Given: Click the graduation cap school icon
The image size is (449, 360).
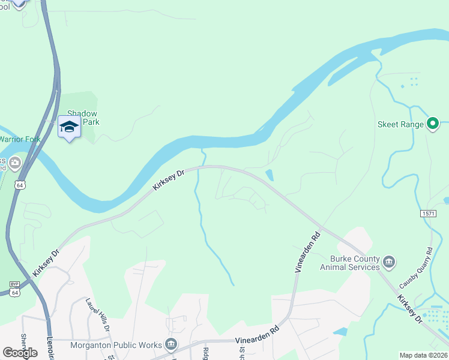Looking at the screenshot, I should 69,127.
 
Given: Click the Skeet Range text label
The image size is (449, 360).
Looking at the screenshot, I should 400,125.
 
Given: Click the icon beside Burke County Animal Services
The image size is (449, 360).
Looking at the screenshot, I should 389,262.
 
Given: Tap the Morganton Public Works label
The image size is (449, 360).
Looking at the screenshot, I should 116,345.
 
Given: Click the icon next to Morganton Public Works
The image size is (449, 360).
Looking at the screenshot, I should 171,344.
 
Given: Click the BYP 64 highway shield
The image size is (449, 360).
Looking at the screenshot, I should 14,289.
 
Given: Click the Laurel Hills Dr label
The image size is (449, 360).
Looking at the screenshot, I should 98,315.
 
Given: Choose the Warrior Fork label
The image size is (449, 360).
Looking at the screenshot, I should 18,139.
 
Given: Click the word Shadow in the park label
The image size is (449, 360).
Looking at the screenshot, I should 82,113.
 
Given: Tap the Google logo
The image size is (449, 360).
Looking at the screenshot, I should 20,352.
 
